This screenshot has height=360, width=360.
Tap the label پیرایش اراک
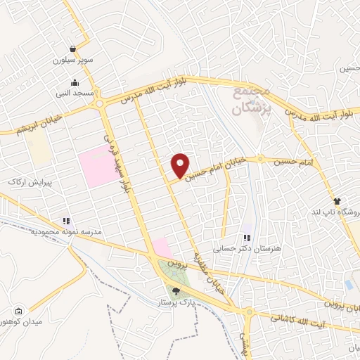pyautogui.click(x=30, y=181)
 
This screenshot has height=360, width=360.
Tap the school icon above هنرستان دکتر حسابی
pyautogui.click(x=246, y=238)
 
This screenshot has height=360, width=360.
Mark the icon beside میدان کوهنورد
pyautogui.click(x=19, y=312)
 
